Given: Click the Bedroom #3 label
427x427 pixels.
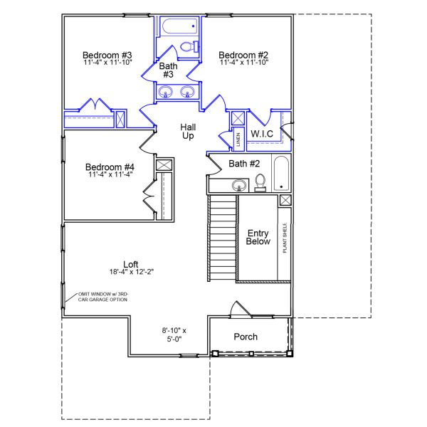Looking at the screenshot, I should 107,55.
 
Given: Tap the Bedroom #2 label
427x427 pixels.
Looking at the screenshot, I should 243,55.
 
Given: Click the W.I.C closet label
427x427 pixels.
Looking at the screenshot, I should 262,133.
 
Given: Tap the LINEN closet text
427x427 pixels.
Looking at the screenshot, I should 238,137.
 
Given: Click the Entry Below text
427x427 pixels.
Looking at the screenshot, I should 257,238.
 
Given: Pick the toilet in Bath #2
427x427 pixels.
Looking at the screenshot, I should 260,182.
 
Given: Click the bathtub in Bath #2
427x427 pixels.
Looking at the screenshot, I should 283,173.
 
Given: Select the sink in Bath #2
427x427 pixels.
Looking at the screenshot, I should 238,186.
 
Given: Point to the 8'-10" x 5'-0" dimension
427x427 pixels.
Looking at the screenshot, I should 174,334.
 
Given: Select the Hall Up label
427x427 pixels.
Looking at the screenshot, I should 188,131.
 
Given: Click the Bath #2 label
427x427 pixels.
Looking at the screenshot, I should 243,164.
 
